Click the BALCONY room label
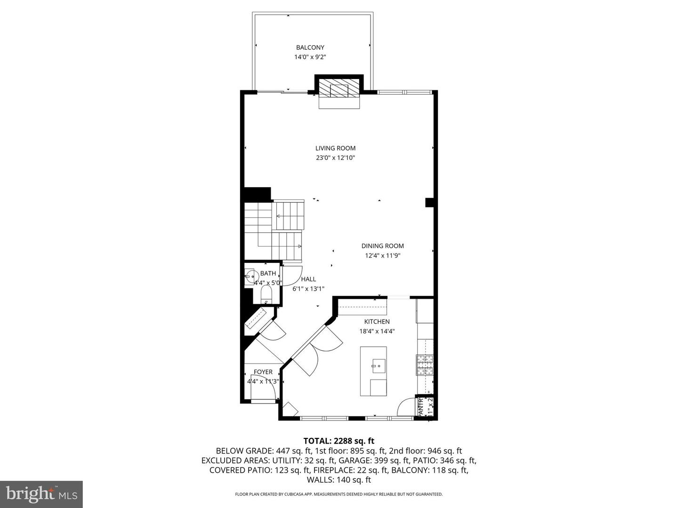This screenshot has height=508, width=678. [x=310, y=48]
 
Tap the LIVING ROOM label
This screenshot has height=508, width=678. [x=335, y=148]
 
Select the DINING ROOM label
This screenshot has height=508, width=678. [x=382, y=246]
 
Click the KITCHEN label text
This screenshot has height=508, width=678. [x=377, y=322]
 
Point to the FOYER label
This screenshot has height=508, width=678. [x=263, y=372]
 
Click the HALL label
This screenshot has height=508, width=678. [x=308, y=279]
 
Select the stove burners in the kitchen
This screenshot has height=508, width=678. [x=424, y=365]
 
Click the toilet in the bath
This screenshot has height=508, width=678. [x=266, y=296]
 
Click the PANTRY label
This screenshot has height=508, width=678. [x=420, y=406]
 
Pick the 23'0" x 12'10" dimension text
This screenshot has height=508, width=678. [x=335, y=158]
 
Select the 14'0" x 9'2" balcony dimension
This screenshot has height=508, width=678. [x=310, y=57]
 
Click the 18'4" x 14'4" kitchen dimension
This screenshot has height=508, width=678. [x=377, y=331]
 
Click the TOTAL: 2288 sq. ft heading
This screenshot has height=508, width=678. [x=339, y=441]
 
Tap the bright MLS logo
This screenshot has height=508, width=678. [x=41, y=494]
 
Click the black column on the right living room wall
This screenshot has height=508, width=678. [x=429, y=202]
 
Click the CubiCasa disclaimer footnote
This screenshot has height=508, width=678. [x=339, y=494]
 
